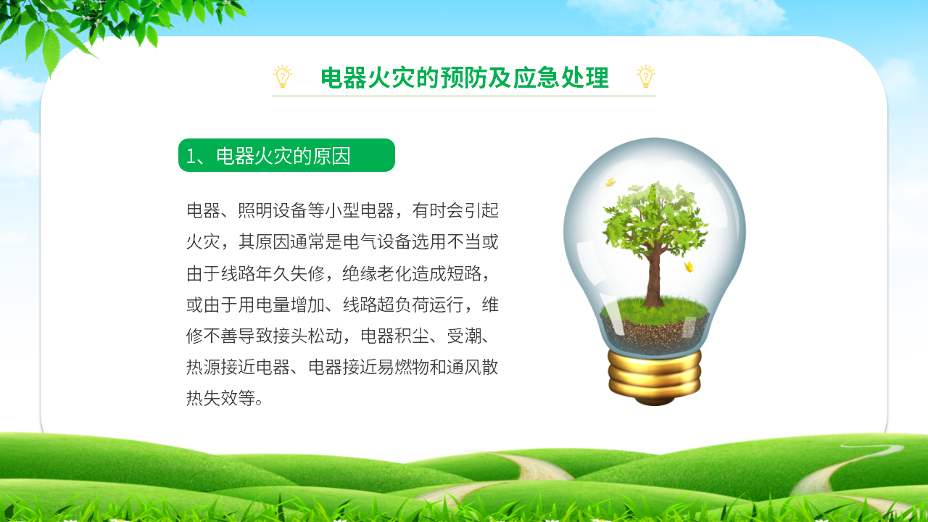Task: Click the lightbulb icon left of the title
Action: pyautogui.click(x=283, y=77)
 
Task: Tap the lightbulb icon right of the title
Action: pyautogui.click(x=646, y=77)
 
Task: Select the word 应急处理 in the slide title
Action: pyautogui.click(x=561, y=78)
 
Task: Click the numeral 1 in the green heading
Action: pyautogui.click(x=191, y=156)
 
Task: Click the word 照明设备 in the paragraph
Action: pyautogui.click(x=273, y=210)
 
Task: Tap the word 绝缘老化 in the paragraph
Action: pyautogui.click(x=376, y=273)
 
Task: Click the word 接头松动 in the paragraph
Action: pyautogui.click(x=307, y=336)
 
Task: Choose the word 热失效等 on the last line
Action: pyautogui.click(x=221, y=399)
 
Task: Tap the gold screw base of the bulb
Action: pyautogui.click(x=655, y=373)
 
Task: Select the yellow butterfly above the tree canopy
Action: pyautogui.click(x=610, y=182)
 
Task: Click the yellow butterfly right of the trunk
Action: pyautogui.click(x=689, y=267)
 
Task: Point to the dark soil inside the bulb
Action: pyautogui.click(x=655, y=333)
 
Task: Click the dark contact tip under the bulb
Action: pyautogui.click(x=655, y=401)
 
